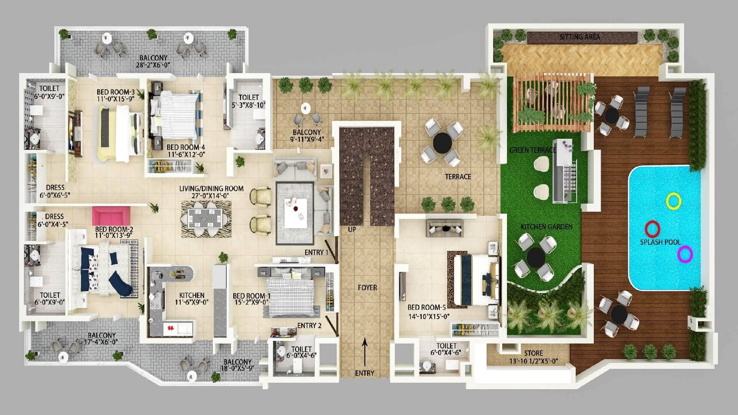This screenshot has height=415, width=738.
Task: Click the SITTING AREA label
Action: click(x=580, y=37)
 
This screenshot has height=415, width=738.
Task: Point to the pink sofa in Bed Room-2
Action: click(x=111, y=216)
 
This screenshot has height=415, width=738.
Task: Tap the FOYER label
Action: click(x=367, y=287)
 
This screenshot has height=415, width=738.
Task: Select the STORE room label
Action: click(x=534, y=353)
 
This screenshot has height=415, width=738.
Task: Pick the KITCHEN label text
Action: click(x=192, y=295)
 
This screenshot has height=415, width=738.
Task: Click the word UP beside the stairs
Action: click(x=352, y=229)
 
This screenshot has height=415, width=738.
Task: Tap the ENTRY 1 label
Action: click(x=316, y=252)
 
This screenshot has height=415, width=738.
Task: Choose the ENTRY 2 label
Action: click(x=309, y=325)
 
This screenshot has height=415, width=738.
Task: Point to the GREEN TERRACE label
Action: click(x=533, y=150)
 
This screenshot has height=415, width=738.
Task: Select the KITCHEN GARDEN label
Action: click(x=546, y=227)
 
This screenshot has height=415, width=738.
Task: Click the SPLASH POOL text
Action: click(x=660, y=242)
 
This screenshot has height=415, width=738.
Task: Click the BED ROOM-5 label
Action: click(x=427, y=307)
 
